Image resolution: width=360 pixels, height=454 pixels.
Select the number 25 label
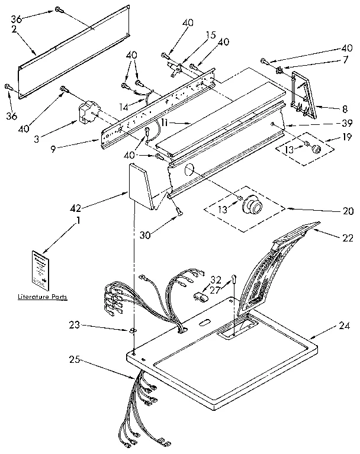tap(75, 359)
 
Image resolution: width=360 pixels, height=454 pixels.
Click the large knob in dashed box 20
tap(254, 206)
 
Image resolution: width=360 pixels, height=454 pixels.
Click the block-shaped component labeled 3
tap(89, 112)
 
